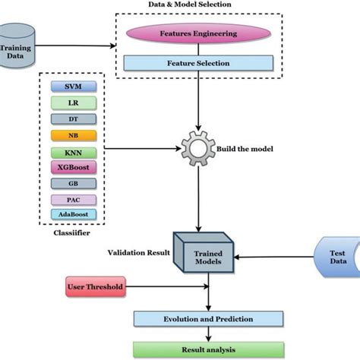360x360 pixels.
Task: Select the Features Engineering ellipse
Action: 197,35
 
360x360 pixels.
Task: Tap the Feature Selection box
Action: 197,63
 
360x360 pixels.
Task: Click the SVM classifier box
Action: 74,85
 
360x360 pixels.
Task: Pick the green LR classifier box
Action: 74,101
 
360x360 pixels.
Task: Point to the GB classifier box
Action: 74,183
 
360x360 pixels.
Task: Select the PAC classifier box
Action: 74,200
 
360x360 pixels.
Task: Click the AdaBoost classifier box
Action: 74,215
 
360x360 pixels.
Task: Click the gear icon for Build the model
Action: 197,146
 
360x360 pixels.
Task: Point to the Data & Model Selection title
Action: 190,5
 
